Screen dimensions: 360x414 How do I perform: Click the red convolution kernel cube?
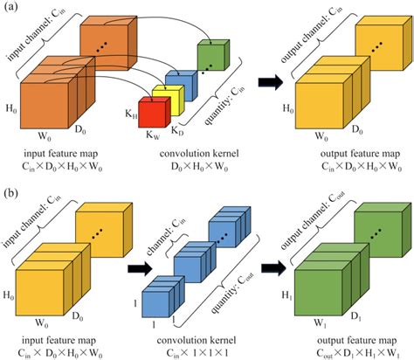[155, 115]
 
